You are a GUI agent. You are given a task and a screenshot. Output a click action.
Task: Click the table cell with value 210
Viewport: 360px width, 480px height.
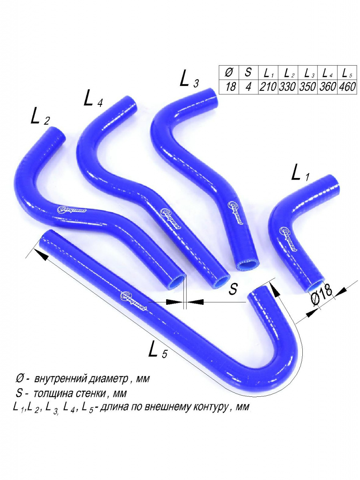click(268, 87)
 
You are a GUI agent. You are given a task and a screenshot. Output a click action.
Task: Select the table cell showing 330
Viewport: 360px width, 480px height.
click(288, 87)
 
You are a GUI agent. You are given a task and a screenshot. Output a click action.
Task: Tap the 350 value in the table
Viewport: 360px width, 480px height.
click(308, 87)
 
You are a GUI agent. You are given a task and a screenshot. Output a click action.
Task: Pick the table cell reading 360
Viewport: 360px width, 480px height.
click(328, 87)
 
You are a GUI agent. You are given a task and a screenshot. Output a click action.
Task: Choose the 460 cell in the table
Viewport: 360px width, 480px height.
click(347, 87)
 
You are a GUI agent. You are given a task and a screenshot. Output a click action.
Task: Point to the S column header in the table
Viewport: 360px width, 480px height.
click(248, 72)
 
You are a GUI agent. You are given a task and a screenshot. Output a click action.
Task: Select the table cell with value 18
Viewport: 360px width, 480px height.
click(230, 87)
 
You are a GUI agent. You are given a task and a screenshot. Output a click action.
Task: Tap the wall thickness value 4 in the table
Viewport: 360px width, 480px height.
click(248, 87)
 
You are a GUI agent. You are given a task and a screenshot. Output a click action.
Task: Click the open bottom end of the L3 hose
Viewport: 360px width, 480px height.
click(247, 264)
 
